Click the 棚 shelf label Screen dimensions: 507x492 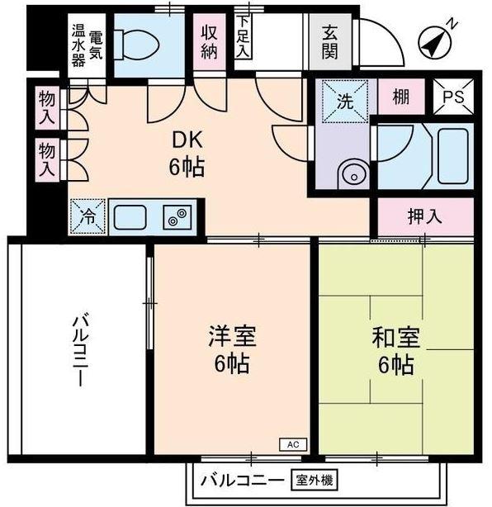[401, 97]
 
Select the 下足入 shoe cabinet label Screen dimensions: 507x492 [242, 37]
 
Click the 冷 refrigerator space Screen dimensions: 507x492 [88, 216]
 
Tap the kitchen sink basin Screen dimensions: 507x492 [130, 218]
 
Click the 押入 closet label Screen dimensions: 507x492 [424, 217]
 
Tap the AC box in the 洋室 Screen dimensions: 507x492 [292, 443]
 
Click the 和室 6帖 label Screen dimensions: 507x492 [396, 350]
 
